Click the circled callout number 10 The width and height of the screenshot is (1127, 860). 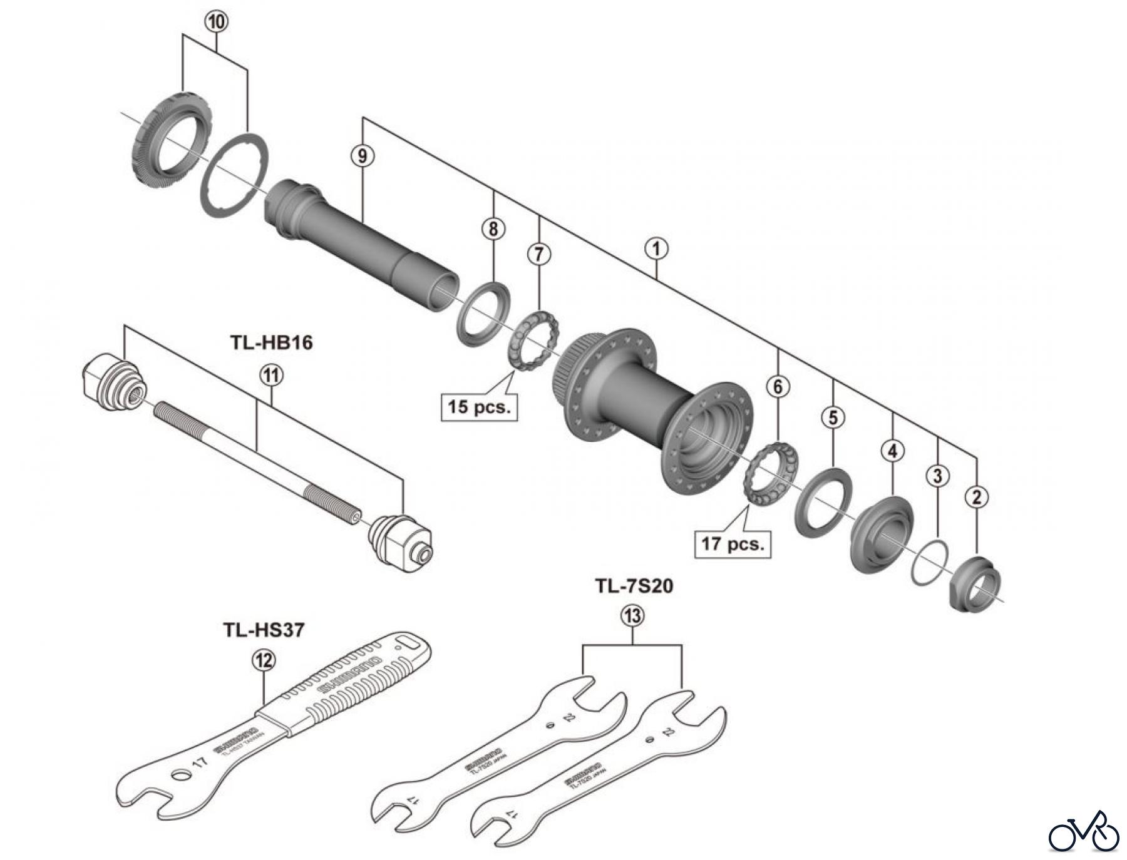point(216,22)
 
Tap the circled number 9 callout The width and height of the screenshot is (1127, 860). point(363,156)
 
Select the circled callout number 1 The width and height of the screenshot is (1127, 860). point(656,249)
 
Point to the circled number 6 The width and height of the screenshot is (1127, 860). point(778,387)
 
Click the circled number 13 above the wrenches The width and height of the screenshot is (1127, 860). point(632,617)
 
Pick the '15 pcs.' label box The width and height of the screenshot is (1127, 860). point(479,407)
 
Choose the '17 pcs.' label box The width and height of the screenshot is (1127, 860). point(733,543)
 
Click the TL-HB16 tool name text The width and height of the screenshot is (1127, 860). point(271,343)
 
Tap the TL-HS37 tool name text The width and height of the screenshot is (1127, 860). point(264,630)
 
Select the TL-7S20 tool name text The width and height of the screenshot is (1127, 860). point(634,586)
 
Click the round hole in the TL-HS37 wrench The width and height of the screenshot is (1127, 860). point(181,776)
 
